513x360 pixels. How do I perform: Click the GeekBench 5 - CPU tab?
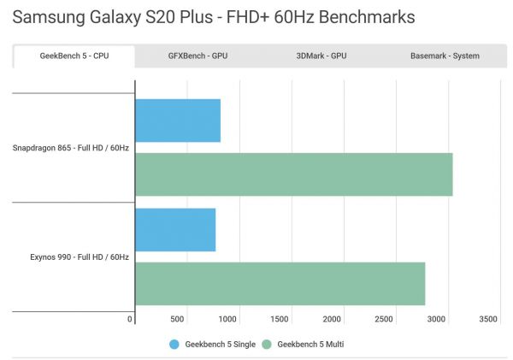(74, 56)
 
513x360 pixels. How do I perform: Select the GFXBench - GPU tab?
(198, 56)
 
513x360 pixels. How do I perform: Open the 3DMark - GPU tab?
(321, 56)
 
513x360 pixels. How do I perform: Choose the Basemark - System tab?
(445, 56)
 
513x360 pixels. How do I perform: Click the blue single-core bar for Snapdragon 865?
(178, 121)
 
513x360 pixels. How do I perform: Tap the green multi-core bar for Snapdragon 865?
(293, 174)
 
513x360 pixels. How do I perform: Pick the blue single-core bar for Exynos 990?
(175, 230)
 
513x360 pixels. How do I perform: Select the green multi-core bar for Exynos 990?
(280, 283)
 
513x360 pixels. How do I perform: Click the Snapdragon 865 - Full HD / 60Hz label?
(71, 148)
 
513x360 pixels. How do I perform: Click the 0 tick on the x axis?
(131, 319)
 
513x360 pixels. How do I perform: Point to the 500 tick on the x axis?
(178, 319)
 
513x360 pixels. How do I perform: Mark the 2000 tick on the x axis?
(333, 319)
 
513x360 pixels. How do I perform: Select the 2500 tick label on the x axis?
(385, 319)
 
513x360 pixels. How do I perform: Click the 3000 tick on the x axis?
(437, 319)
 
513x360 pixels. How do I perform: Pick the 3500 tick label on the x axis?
(488, 319)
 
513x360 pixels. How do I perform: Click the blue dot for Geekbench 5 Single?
(174, 345)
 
